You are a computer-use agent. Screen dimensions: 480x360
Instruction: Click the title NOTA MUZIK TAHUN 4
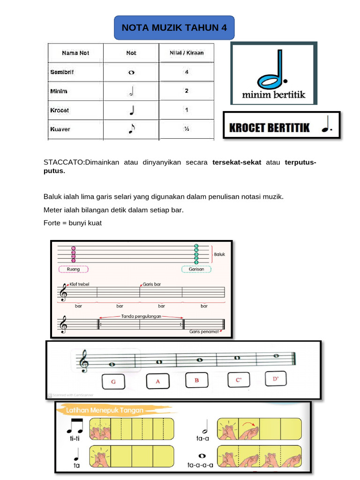click(174, 28)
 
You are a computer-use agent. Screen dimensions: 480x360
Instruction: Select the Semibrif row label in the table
click(62, 72)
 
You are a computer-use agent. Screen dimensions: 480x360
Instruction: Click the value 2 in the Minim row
click(187, 91)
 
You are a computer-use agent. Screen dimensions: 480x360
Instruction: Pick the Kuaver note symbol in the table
click(131, 129)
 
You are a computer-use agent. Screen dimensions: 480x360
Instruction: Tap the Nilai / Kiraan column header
click(187, 53)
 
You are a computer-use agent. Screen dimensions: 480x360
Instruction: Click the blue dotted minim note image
click(273, 69)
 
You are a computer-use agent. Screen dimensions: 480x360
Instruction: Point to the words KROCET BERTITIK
click(269, 127)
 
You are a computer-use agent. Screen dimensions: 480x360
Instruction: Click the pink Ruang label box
click(74, 270)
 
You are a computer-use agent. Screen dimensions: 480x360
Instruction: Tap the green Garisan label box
click(196, 270)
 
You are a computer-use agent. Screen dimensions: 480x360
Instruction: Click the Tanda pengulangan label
click(141, 316)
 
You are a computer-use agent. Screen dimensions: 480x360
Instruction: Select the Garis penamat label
click(204, 331)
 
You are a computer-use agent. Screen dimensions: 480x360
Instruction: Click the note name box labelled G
click(113, 382)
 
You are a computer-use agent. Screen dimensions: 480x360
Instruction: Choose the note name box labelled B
click(197, 381)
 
